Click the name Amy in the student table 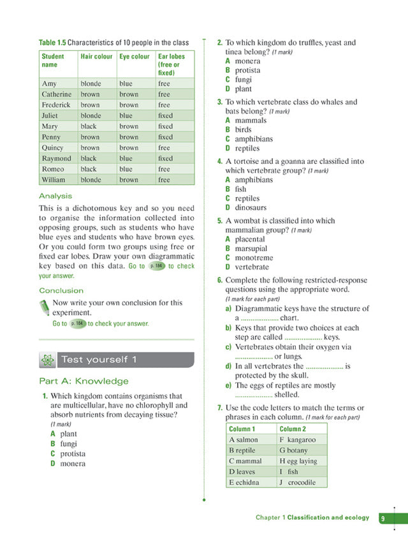pyautogui.click(x=49, y=84)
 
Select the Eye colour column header pyautogui.click(x=134, y=57)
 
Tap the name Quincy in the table pyautogui.click(x=52, y=148)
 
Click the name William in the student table pyautogui.click(x=54, y=180)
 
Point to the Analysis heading pyautogui.click(x=55, y=196)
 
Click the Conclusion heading pyautogui.click(x=61, y=291)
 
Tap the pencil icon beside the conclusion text pyautogui.click(x=44, y=305)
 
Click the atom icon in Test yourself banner pyautogui.click(x=47, y=360)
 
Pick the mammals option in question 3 pyautogui.click(x=251, y=120)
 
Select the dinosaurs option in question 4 pyautogui.click(x=251, y=207)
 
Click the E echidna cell pyautogui.click(x=244, y=483)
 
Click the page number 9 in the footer pyautogui.click(x=382, y=518)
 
